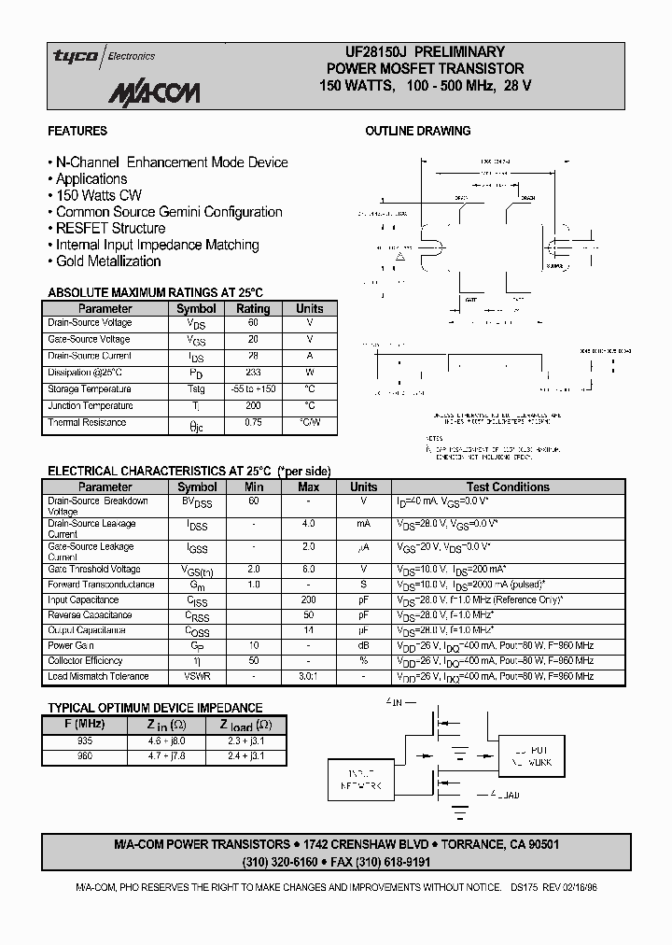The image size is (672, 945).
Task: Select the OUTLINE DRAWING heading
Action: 417,132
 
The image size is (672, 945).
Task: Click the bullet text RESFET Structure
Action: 110,229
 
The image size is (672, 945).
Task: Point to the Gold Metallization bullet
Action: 108,262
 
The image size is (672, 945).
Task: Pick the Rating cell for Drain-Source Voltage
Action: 253,323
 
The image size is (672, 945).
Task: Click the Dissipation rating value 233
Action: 253,373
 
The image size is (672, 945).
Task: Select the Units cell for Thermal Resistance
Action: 309,423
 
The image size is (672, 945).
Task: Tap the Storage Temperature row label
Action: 90,389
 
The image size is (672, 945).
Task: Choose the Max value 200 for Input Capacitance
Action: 308,600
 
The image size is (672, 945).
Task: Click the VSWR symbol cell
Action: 197,676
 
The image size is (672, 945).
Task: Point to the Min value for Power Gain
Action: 254,646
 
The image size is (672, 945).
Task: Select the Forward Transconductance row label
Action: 101,585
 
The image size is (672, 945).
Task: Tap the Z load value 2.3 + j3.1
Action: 245,740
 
